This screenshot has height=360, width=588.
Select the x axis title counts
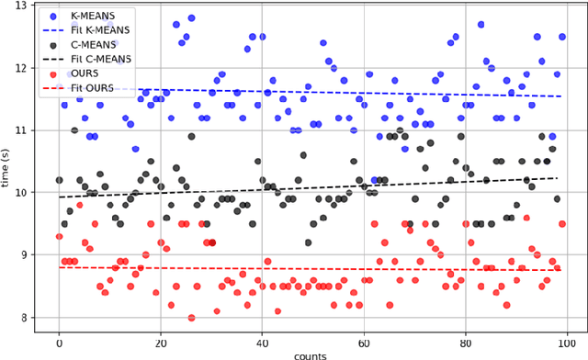pos(311,354)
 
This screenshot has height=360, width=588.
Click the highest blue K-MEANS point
pos(191,17)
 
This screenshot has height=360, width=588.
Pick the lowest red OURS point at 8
pos(191,318)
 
